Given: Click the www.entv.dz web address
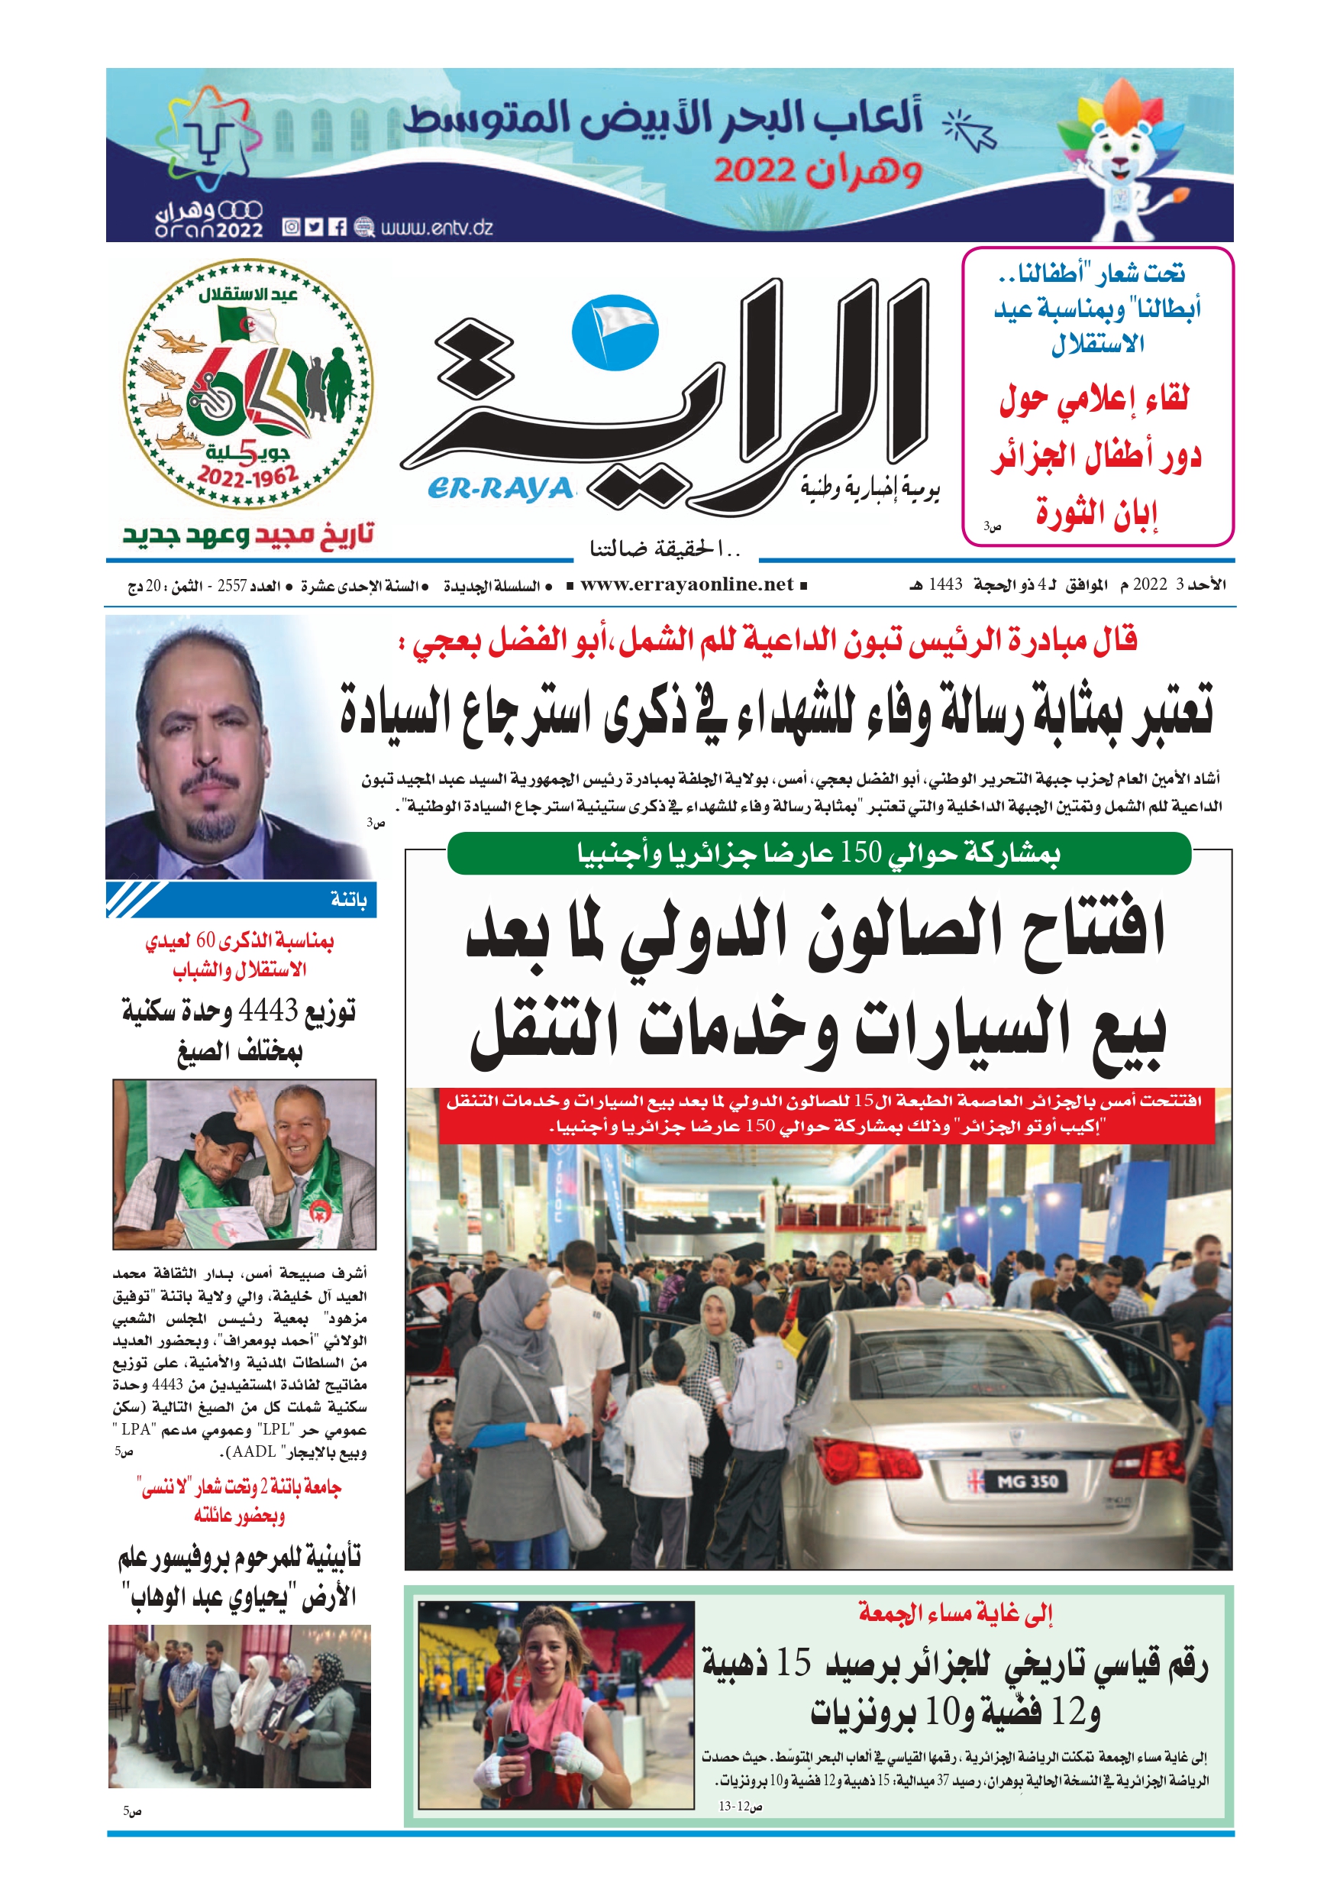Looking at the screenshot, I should point(436,227).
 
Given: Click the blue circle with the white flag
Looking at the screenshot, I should point(615,332).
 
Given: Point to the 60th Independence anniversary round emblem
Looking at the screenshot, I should point(247,385).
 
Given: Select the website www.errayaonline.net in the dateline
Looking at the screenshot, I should point(686,584).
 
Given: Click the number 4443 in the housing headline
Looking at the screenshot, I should point(267,1010).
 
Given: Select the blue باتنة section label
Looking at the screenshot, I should point(347,899).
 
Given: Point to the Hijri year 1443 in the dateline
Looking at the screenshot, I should point(945,584).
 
